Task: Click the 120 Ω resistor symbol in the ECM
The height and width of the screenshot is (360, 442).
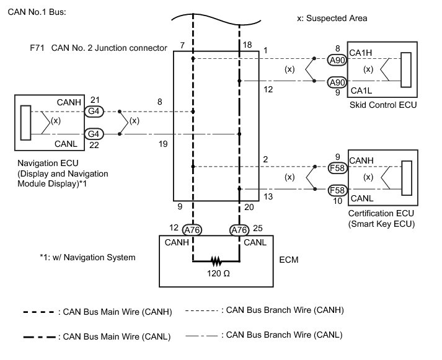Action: click(216, 261)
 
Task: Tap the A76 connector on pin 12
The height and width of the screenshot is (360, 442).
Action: click(193, 230)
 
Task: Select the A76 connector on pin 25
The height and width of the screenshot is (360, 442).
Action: click(240, 230)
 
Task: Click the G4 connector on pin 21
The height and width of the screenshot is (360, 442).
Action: click(94, 112)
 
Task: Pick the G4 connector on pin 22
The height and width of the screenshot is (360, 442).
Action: click(94, 133)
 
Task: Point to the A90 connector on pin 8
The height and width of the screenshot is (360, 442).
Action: click(337, 60)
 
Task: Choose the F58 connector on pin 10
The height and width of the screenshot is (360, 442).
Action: click(337, 190)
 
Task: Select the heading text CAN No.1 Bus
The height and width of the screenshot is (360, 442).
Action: click(37, 12)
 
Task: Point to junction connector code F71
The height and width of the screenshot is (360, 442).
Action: click(37, 47)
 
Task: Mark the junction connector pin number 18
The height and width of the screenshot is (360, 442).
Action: click(247, 46)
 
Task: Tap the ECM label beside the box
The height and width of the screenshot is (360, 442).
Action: click(289, 259)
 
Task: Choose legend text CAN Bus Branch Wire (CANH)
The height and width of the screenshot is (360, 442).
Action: click(285, 310)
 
